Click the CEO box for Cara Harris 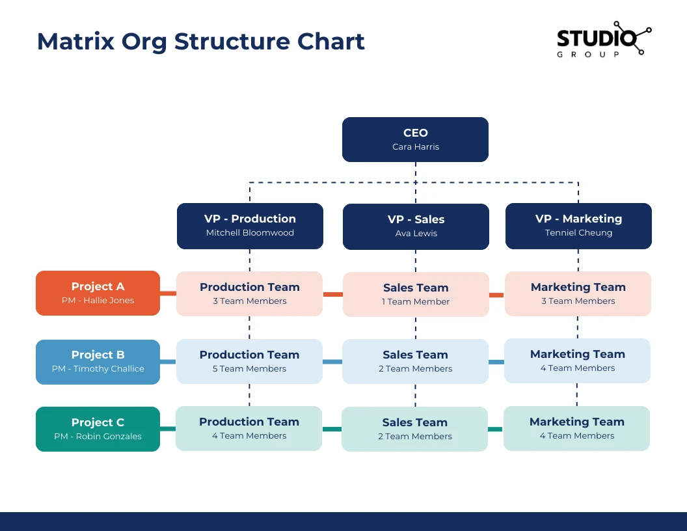click(415, 139)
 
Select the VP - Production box click(250, 226)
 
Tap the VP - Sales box click(416, 226)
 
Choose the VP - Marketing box click(578, 226)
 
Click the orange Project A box click(98, 293)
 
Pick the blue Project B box click(98, 362)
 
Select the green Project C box click(98, 429)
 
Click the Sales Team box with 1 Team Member click(416, 294)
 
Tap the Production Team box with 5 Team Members click(249, 361)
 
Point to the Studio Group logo click(604, 40)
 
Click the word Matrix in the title click(76, 42)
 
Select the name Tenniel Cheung click(578, 233)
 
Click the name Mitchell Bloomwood click(250, 233)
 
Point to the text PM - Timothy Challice click(98, 368)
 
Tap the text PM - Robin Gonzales click(98, 437)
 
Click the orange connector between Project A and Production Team click(168, 293)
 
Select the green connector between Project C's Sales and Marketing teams click(496, 429)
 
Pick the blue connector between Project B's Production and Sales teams click(332, 362)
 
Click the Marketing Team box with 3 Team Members click(578, 293)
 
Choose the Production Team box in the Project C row click(249, 428)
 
